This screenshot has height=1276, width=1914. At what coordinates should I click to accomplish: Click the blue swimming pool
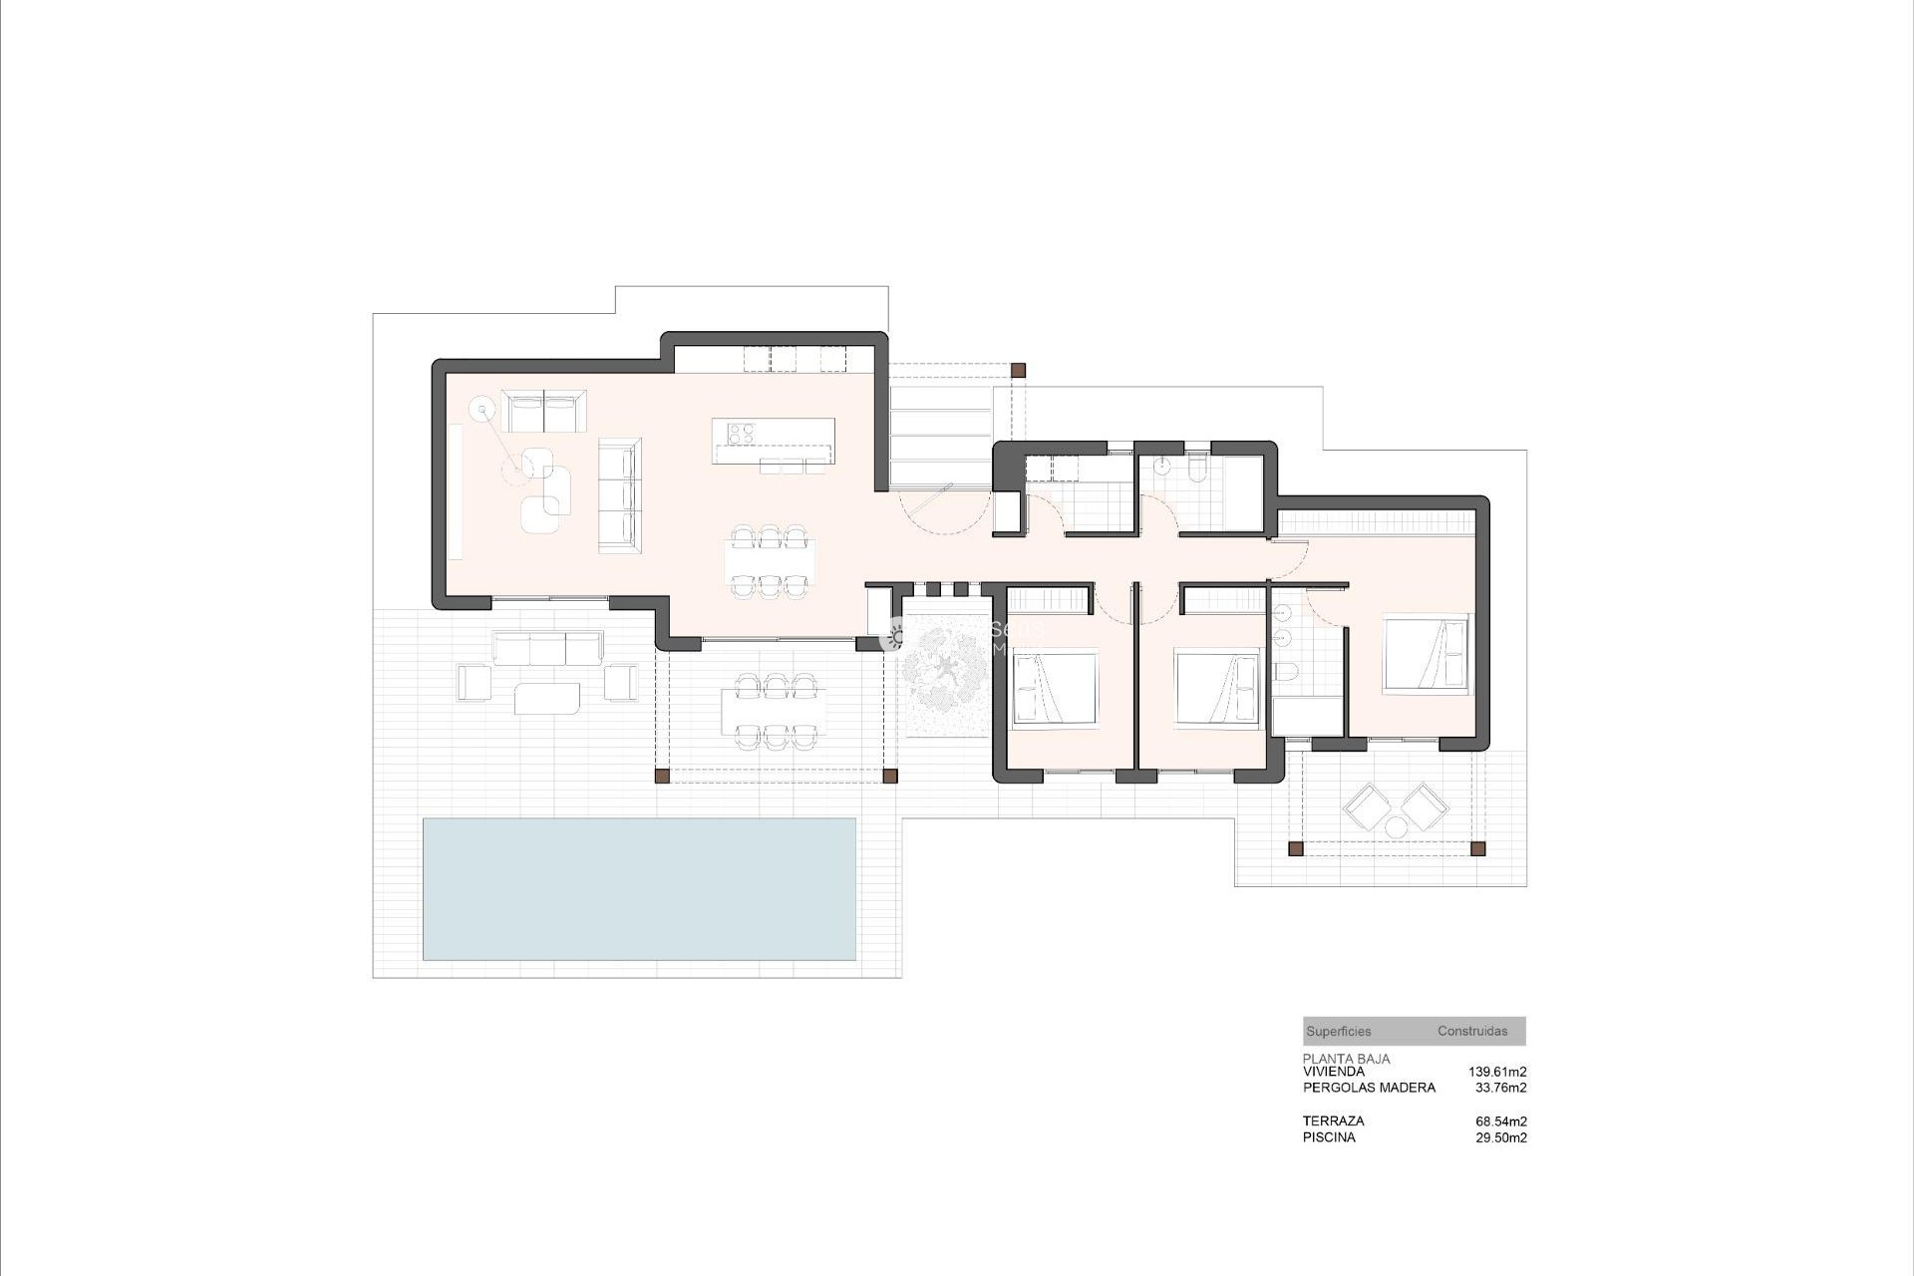639,888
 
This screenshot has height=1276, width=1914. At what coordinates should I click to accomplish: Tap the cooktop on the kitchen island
741,433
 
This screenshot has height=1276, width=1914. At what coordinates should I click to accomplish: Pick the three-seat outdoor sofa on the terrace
547,648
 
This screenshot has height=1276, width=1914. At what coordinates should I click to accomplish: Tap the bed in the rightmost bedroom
1426,653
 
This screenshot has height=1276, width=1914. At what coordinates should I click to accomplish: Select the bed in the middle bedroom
1218,687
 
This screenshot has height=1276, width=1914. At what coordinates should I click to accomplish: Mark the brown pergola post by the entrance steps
1018,370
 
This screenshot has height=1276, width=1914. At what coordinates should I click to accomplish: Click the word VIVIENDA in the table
1333,1072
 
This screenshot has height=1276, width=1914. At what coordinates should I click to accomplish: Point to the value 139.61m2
1497,1072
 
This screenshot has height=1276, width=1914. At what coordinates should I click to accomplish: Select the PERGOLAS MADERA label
1369,1088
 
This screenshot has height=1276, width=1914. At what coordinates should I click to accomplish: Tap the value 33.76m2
1500,1088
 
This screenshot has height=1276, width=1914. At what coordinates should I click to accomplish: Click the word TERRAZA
1333,1121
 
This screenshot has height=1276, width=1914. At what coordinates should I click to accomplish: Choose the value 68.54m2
1500,1121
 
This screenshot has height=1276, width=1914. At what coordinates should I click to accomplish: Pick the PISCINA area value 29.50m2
1500,1137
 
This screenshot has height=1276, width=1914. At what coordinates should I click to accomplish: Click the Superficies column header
1338,1032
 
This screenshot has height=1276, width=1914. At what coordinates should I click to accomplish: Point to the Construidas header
1472,1032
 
